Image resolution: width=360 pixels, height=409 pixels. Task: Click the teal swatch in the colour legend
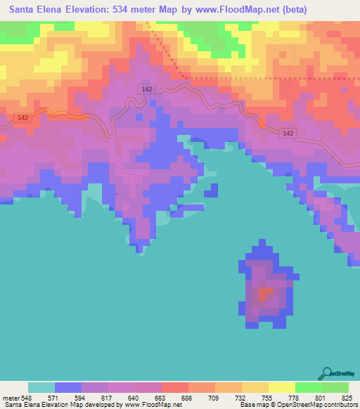pyautogui.click(x=41, y=387)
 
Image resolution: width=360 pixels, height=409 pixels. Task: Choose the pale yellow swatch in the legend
pyautogui.click(x=282, y=387)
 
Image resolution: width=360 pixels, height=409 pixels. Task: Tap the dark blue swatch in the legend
pyautogui.click(x=68, y=387)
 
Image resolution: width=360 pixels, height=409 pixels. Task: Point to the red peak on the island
pyautogui.click(x=265, y=294)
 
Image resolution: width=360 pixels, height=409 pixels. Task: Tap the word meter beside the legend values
pyautogui.click(x=11, y=397)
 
